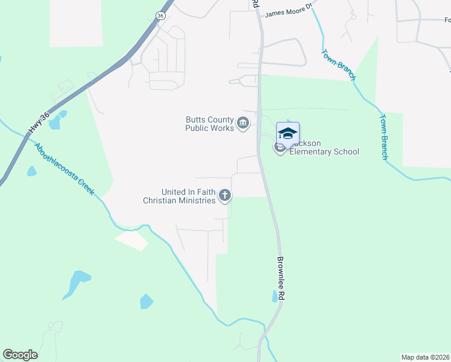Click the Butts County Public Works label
pos(209,124)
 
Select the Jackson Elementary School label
pos(324,147)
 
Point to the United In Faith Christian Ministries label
pos(179,196)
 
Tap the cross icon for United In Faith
pos(224,195)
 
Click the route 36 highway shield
pos(160,15)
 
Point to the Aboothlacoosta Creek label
pos(64,168)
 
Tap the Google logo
pos(20,355)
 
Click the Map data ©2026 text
pos(426,357)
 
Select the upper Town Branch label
pos(339,65)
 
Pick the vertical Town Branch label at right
pos(383,137)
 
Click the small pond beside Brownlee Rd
pos(275,296)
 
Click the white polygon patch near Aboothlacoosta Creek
pos(131,240)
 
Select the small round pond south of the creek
pos(147,301)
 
